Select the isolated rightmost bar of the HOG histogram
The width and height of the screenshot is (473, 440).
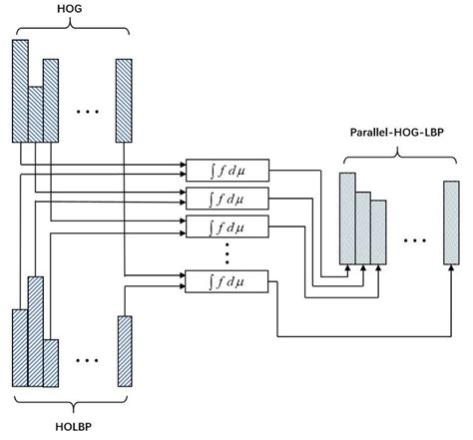[125, 102]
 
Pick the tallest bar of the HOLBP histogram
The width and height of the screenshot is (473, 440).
[36, 330]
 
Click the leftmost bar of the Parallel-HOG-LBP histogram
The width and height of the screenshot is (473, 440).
[347, 218]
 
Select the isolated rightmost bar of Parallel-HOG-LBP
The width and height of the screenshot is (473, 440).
[452, 223]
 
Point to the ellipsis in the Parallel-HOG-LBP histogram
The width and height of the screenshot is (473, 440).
[414, 239]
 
